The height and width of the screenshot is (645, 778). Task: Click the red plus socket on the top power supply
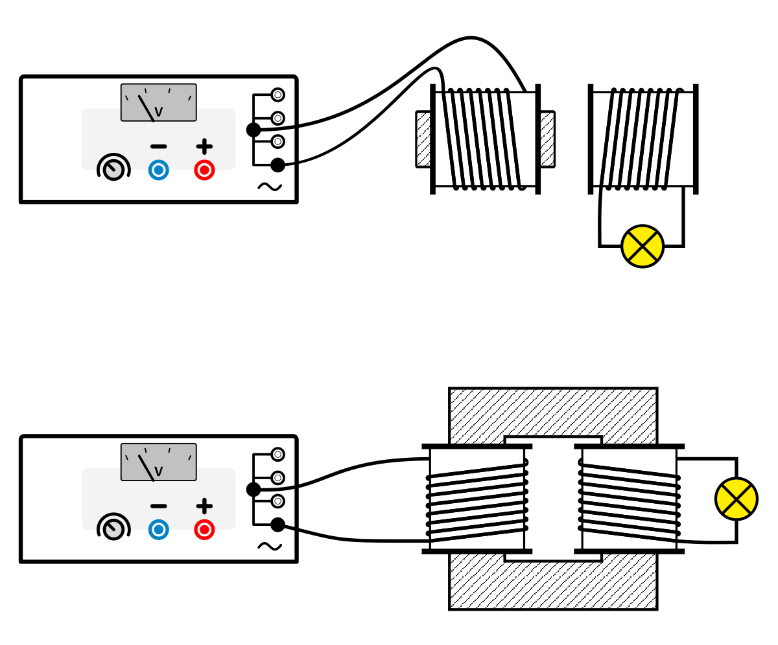[x=204, y=170]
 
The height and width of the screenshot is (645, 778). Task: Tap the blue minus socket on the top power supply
[x=158, y=170]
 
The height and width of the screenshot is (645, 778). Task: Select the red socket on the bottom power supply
[x=204, y=529]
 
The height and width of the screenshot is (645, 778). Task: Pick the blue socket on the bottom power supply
[x=158, y=529]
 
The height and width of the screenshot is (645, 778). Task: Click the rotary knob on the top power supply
[x=113, y=169]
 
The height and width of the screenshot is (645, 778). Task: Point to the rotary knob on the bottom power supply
[x=113, y=528]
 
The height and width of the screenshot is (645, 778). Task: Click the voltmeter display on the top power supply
[x=158, y=102]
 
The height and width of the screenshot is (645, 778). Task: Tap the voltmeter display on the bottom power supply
[x=158, y=462]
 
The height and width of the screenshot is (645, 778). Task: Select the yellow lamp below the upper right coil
[x=642, y=246]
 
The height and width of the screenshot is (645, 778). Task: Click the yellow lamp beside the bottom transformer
[x=736, y=499]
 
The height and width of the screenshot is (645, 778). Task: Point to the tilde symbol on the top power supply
[x=269, y=187]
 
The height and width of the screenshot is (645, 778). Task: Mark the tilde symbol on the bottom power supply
[x=269, y=546]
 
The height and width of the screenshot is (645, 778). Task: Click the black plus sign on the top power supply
[x=204, y=146]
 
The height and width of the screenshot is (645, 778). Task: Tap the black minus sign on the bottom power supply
[x=158, y=506]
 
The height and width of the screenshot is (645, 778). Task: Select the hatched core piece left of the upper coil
[x=423, y=139]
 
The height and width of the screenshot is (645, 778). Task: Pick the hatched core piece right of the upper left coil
[x=547, y=139]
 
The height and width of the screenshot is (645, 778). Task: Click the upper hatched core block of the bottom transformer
[x=552, y=412]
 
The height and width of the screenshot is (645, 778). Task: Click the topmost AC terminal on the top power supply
[x=277, y=95]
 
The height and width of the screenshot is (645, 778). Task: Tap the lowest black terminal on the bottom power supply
[x=277, y=525]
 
